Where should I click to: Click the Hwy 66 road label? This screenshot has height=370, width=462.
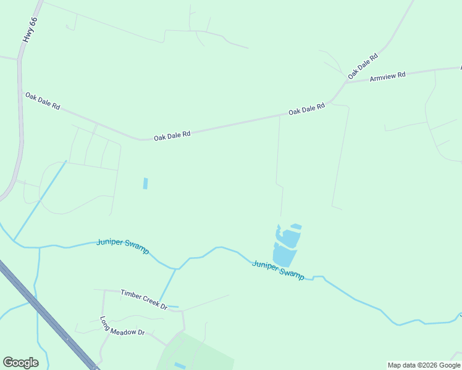pyautogui.click(x=30, y=30)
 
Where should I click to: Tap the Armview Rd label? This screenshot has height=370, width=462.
pyautogui.click(x=387, y=76)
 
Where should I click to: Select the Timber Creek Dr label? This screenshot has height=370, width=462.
pyautogui.click(x=144, y=299)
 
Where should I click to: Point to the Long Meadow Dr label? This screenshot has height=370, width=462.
pyautogui.click(x=122, y=326)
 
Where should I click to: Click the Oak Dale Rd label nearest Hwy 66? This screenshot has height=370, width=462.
pyautogui.click(x=43, y=101)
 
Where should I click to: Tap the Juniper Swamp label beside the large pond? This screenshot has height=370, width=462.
pyautogui.click(x=278, y=270)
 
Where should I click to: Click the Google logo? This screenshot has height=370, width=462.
pyautogui.click(x=20, y=363)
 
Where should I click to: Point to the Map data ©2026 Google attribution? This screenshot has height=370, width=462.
pyautogui.click(x=424, y=365)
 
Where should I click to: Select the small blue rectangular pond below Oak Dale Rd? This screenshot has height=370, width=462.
pyautogui.click(x=146, y=183)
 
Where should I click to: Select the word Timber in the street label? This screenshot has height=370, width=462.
pyautogui.click(x=131, y=295)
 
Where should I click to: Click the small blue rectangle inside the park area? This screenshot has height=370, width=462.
pyautogui.click(x=180, y=366)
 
